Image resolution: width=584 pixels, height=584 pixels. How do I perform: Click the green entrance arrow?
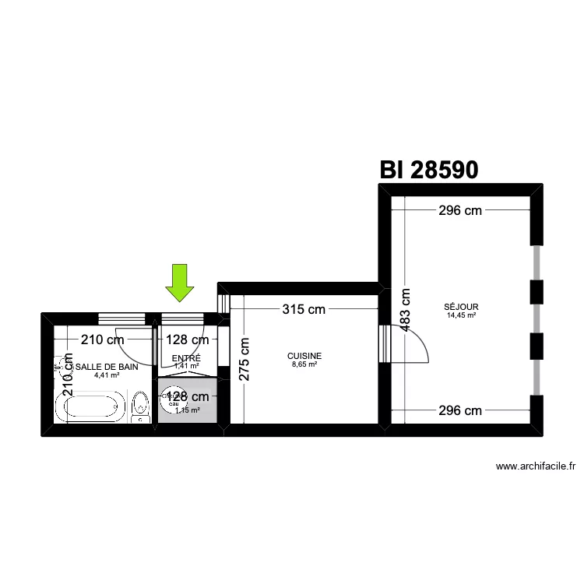coord(180,282)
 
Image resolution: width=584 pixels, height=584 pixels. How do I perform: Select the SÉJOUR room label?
coord(462,307)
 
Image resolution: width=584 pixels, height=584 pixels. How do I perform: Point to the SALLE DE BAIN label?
coord(107,366)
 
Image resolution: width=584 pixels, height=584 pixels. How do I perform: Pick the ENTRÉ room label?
coord(186,358)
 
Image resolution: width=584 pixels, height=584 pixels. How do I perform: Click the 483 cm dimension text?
coord(405,310)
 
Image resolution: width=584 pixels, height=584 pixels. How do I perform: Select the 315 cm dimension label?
coord(303,309)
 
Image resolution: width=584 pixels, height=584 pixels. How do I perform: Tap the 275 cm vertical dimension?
coord(244,359)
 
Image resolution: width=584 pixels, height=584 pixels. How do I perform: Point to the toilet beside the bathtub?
coord(141,406)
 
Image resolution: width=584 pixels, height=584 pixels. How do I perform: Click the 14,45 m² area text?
coord(462,315)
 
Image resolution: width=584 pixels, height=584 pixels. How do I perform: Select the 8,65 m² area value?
coord(304,364)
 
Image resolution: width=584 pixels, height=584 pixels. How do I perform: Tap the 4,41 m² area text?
coord(107,375)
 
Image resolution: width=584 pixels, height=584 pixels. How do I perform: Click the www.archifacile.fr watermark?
coord(536,467)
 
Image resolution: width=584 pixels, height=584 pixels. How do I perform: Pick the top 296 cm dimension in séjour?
coord(459,210)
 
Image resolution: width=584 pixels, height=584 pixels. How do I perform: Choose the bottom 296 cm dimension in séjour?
coord(459,410)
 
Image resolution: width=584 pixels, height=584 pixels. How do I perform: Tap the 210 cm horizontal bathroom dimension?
coord(103,339)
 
